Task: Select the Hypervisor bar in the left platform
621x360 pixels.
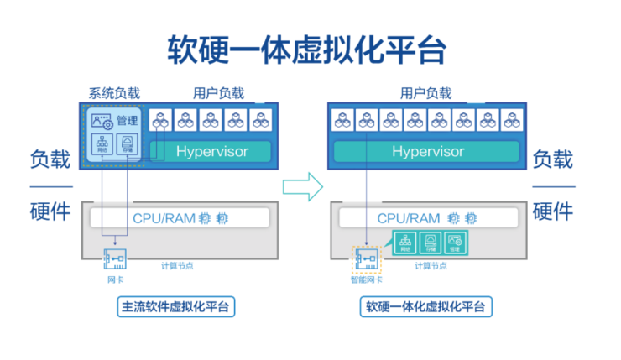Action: tap(211, 152)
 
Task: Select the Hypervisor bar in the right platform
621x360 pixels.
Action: tap(428, 152)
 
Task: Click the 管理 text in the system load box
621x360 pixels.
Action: tap(127, 121)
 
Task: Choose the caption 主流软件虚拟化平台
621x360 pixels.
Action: tap(175, 306)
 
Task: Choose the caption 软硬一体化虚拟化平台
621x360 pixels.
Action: tap(425, 306)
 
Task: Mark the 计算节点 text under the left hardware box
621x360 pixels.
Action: tap(178, 266)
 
